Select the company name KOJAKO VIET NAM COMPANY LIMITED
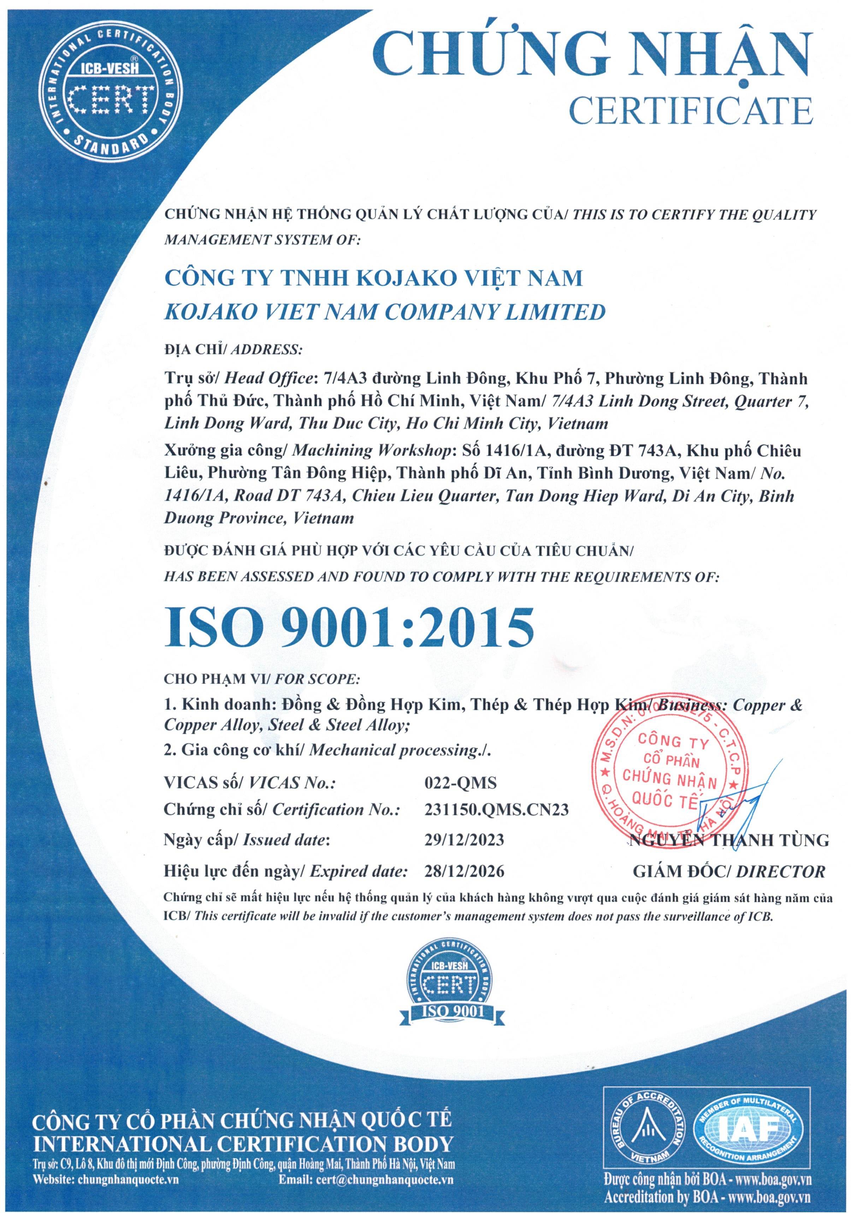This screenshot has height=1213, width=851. click(x=385, y=312)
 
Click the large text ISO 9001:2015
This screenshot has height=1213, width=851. click(x=349, y=628)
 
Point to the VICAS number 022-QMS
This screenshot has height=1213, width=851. click(x=460, y=783)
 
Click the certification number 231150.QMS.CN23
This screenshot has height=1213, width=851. click(x=496, y=809)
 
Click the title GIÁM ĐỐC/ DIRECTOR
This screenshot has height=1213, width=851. click(x=729, y=871)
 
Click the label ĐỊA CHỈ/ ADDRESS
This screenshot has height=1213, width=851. click(x=233, y=350)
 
